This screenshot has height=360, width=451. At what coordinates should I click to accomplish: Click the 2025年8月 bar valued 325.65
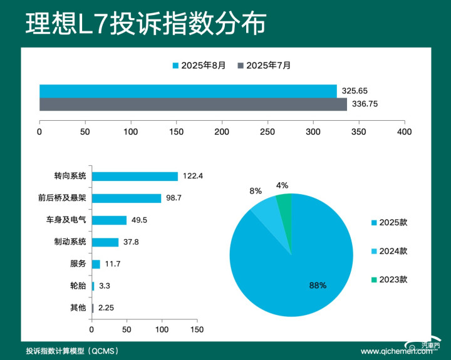188,91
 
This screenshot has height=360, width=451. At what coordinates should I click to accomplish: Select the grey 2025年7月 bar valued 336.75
193,105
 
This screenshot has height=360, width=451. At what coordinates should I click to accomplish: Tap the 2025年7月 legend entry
264,65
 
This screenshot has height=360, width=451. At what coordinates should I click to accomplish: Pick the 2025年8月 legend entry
199,65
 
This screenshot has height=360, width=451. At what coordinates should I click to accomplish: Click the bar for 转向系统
135,176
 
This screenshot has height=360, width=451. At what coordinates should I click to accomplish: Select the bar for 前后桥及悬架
127,198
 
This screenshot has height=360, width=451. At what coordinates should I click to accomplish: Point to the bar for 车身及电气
109,220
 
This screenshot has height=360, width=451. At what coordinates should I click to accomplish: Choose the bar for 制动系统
105,242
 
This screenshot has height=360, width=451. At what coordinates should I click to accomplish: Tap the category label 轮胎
78,286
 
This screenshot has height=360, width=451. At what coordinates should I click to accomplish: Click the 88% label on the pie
318,285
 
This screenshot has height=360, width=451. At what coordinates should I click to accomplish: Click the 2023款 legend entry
389,279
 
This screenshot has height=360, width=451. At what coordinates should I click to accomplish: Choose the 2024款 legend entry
389,251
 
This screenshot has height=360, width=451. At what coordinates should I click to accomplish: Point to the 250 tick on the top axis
267,132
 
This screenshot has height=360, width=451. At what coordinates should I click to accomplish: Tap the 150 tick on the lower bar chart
197,329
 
